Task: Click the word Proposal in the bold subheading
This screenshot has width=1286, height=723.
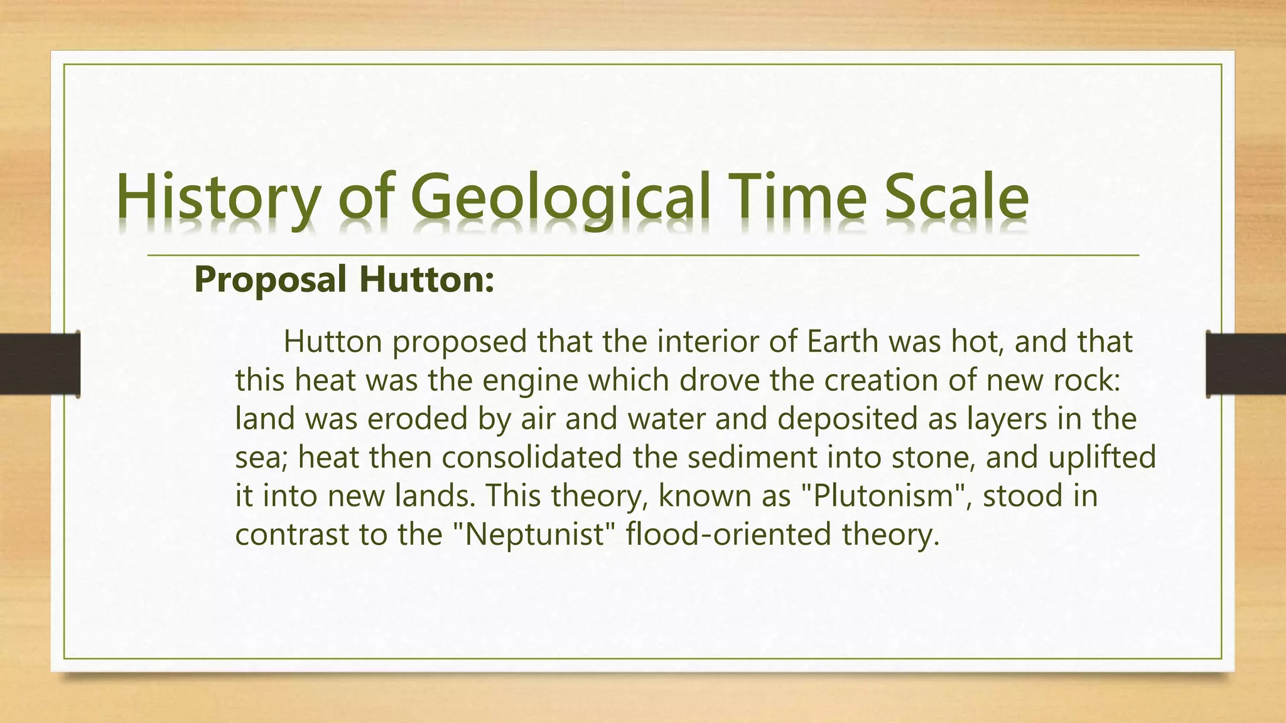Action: [270, 280]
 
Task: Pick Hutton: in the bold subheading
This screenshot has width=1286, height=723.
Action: [426, 280]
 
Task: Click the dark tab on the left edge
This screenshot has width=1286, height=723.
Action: [40, 364]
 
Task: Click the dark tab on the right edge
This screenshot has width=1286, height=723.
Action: [1246, 364]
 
